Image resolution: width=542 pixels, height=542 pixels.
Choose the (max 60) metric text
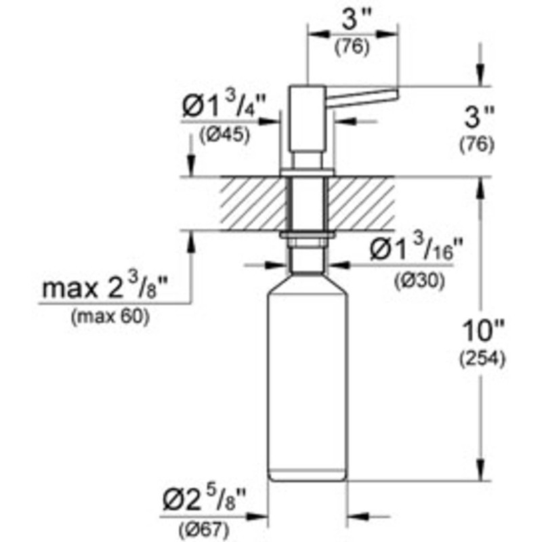(108, 318)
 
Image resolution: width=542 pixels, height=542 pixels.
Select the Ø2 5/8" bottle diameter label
(204, 502)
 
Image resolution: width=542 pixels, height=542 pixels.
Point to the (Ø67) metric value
(204, 529)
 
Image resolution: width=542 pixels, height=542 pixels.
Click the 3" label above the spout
(352, 22)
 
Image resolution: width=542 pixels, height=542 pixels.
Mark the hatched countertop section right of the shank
(362, 204)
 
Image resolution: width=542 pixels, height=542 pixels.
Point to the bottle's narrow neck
(308, 261)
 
